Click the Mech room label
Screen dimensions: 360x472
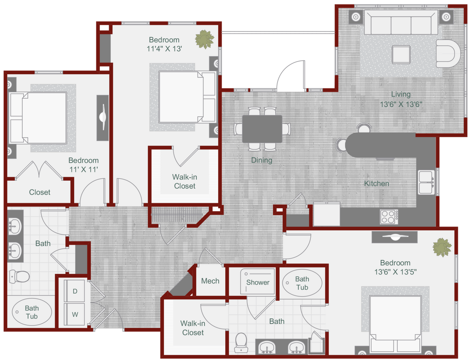tap(210, 281)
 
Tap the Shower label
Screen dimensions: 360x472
tap(258, 282)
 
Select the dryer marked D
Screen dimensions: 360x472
tap(75, 291)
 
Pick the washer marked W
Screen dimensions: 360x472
tap(75, 315)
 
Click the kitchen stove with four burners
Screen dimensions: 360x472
tap(389, 217)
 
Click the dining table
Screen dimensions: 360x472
tap(262, 129)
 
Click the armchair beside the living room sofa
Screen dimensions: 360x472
tap(448, 54)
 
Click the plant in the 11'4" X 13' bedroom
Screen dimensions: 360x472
tap(204, 39)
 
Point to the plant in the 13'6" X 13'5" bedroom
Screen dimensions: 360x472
tap(442, 247)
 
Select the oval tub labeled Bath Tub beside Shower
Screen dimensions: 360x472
tap(302, 283)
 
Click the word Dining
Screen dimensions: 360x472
tap(261, 160)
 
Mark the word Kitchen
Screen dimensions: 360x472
tap(376, 183)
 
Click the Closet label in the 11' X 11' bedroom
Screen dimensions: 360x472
tap(40, 192)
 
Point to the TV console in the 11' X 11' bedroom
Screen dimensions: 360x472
tap(102, 117)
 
